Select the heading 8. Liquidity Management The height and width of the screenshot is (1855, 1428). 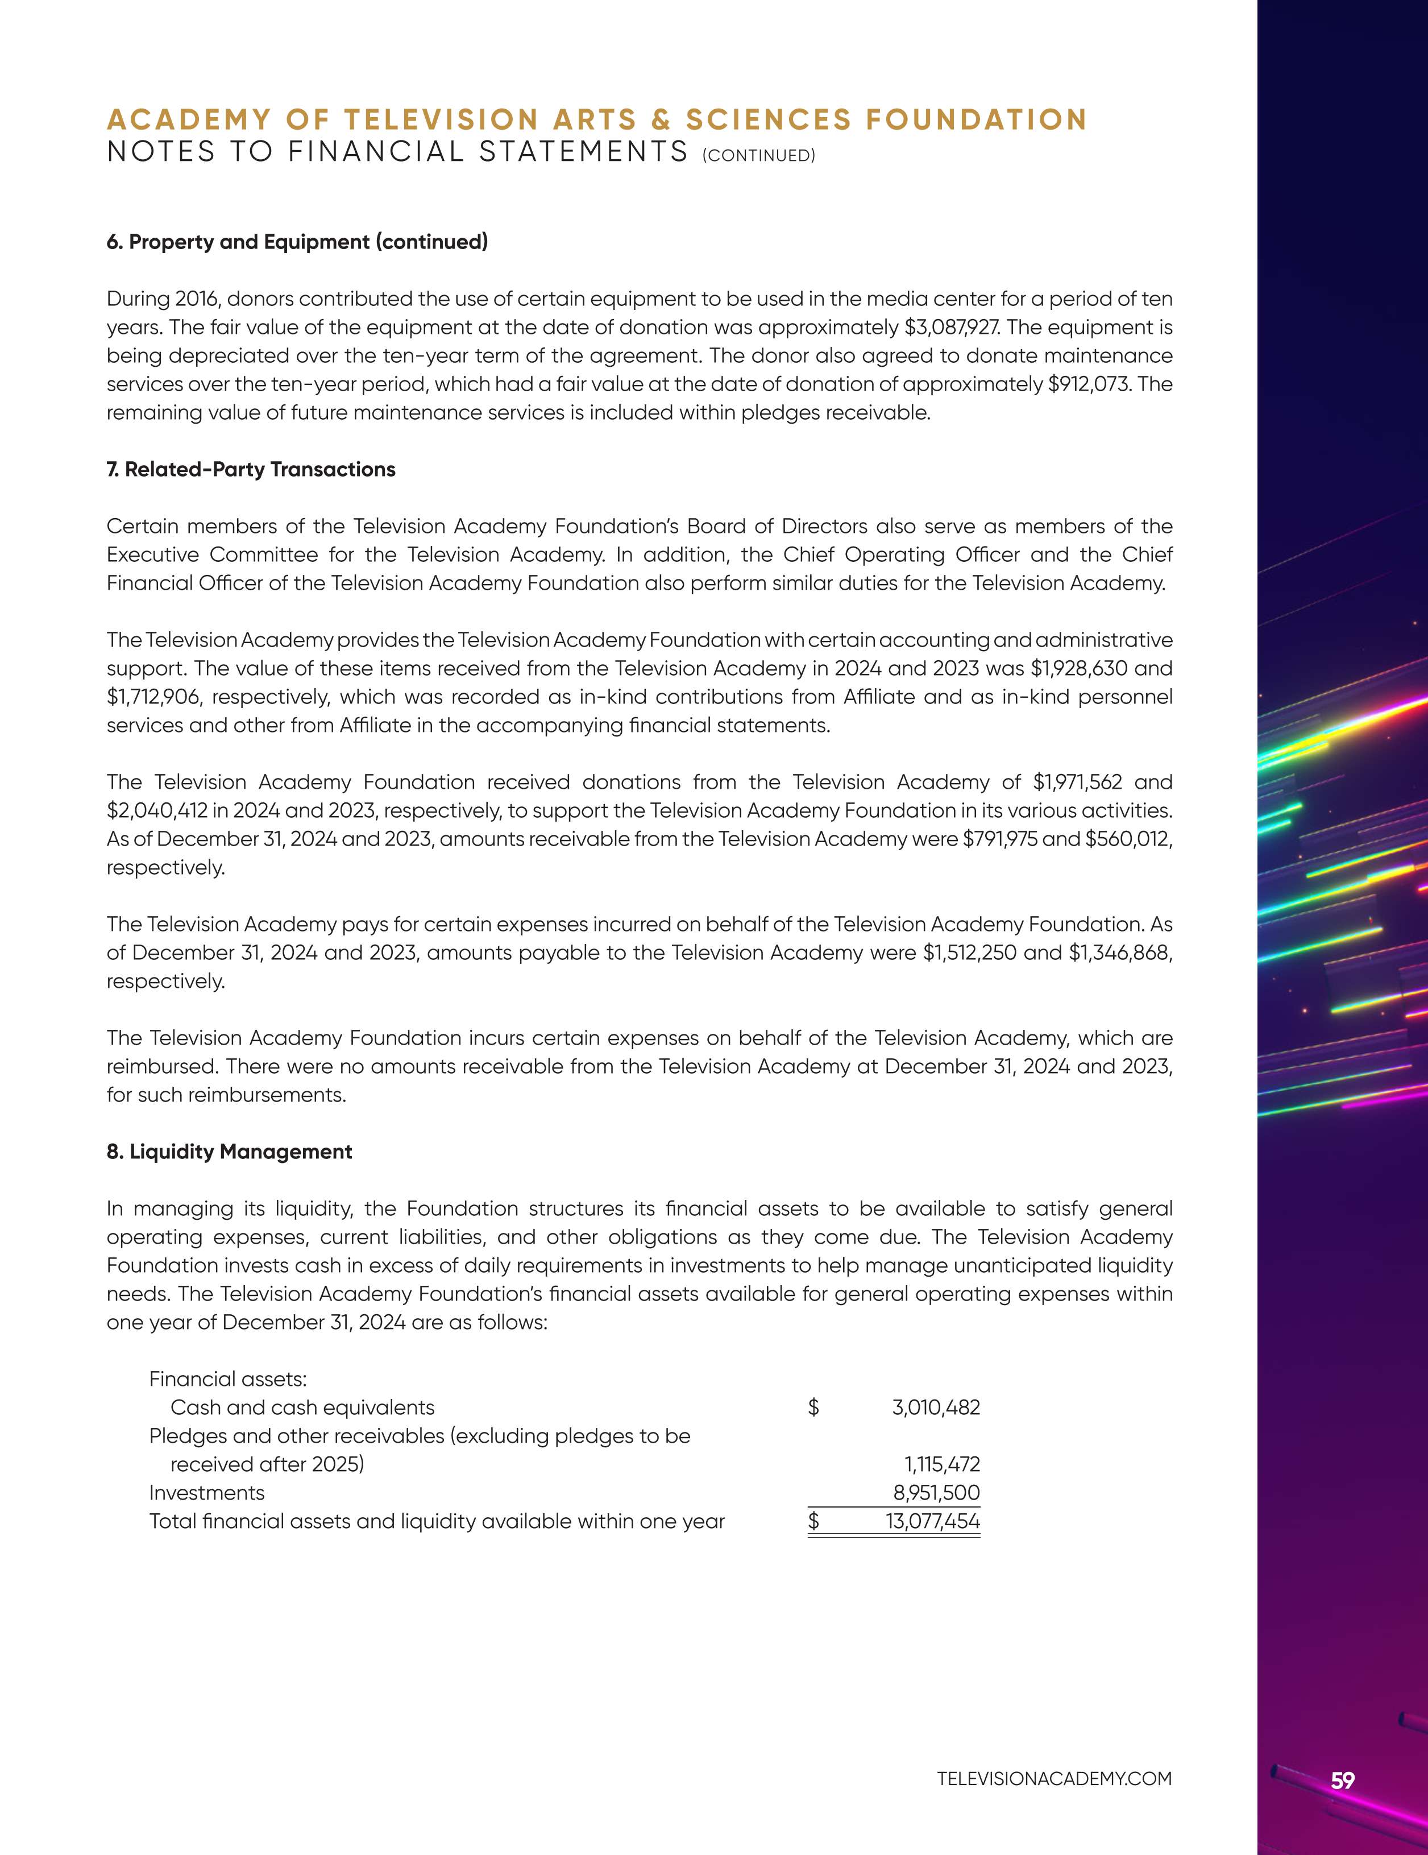pos(229,1152)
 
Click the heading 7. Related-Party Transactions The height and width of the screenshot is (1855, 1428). pos(251,470)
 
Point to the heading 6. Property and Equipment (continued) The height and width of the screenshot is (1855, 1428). pos(297,242)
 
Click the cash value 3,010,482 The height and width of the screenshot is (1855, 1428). pos(936,1407)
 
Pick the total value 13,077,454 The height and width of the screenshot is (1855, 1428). pos(933,1521)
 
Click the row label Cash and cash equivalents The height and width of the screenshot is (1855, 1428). pos(302,1407)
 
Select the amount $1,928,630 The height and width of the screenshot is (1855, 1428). pos(1079,668)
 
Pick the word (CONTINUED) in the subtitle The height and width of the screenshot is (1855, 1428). pos(759,155)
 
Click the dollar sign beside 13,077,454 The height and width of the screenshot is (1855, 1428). pos(814,1521)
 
